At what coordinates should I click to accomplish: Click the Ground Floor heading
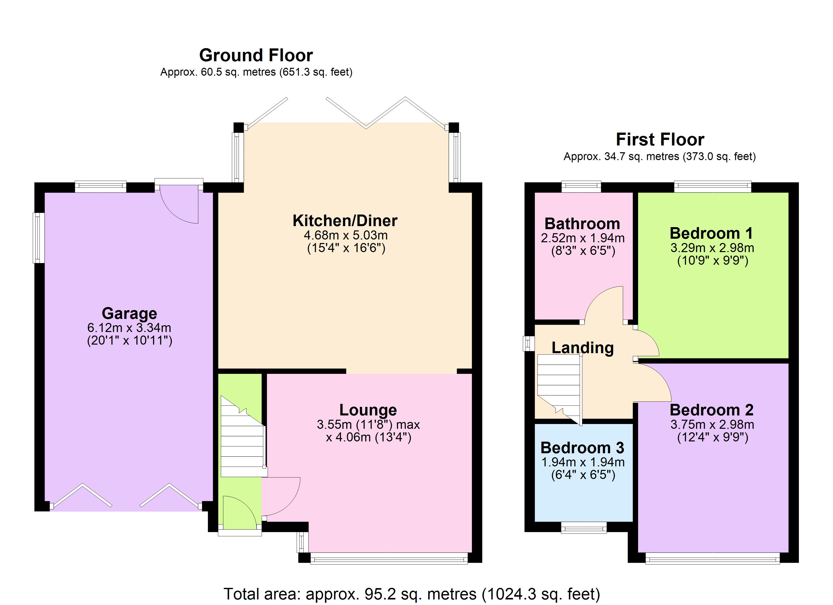[x=256, y=55]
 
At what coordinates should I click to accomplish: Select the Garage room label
[x=129, y=314]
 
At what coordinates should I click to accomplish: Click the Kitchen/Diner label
[x=345, y=221]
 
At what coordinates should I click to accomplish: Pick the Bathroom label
[x=582, y=224]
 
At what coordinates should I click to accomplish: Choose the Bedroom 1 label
[x=711, y=233]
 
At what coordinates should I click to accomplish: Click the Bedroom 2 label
[x=711, y=410]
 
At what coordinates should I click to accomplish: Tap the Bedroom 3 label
[x=582, y=448]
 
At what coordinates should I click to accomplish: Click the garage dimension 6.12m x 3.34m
[x=129, y=328]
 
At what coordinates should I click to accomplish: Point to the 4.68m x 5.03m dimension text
[x=346, y=235]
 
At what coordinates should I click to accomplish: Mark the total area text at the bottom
[x=412, y=594]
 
